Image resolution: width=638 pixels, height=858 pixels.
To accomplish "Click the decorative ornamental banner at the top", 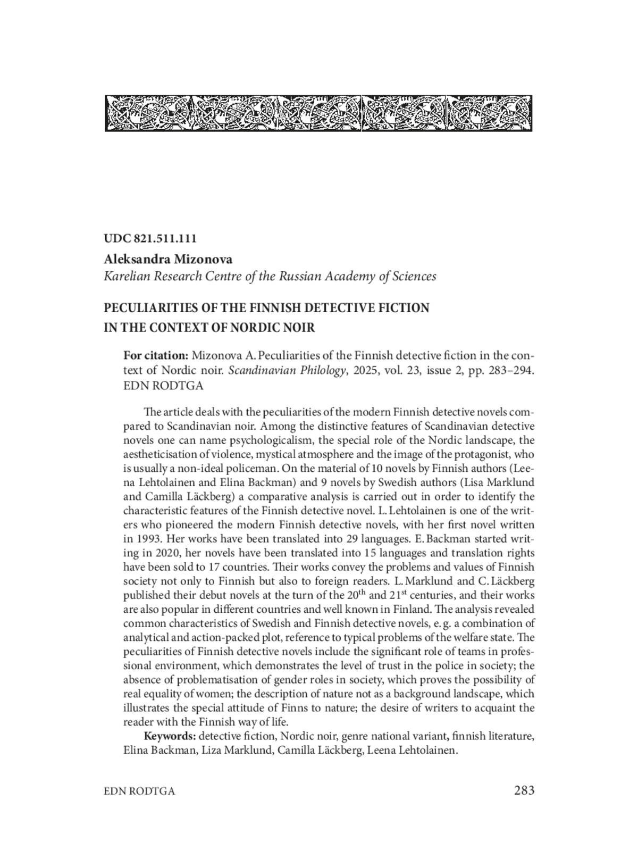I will pyautogui.click(x=318, y=113).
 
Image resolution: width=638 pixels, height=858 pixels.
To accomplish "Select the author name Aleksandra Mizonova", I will pyautogui.click(x=168, y=260).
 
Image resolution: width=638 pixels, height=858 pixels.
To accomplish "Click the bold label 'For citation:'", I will pyautogui.click(x=155, y=355).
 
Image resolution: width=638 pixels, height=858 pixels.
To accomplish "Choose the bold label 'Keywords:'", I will pyautogui.click(x=170, y=737).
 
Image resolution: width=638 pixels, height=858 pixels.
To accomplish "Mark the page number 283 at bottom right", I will pyautogui.click(x=524, y=790).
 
